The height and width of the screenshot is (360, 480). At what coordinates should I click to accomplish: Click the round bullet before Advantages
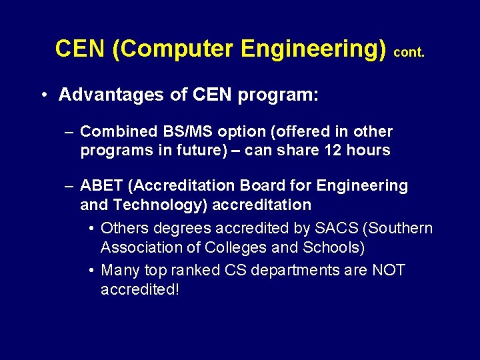click(42, 95)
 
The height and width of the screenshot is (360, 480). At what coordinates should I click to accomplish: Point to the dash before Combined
click(69, 132)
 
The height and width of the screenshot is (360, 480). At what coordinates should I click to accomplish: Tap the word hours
click(369, 150)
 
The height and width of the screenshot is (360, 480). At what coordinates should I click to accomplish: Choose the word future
click(201, 150)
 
